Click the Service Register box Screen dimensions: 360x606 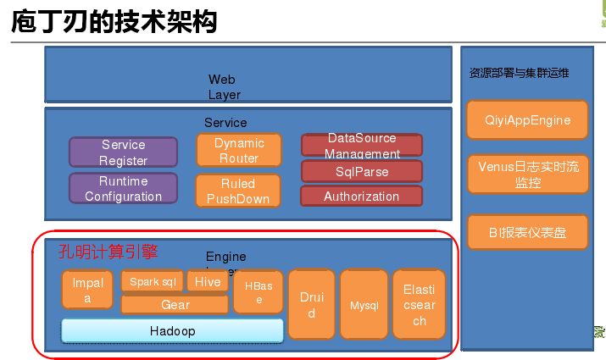(x=123, y=152)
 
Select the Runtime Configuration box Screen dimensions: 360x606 (x=123, y=188)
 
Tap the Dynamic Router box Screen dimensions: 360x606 (x=238, y=150)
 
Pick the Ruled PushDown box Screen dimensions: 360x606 (x=238, y=191)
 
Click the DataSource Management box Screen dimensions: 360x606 (x=362, y=145)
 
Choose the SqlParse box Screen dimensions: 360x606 (x=362, y=171)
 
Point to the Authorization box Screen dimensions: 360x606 (x=362, y=196)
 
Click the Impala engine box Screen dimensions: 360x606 (x=87, y=290)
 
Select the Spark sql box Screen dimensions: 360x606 (x=152, y=281)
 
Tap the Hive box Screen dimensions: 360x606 (x=207, y=281)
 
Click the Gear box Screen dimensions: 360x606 (x=175, y=304)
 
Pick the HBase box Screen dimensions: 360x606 (x=259, y=291)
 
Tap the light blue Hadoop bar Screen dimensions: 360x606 (x=171, y=330)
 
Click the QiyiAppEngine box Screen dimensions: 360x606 (x=527, y=120)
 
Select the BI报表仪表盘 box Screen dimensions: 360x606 (x=527, y=231)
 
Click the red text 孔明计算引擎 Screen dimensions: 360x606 (x=108, y=252)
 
